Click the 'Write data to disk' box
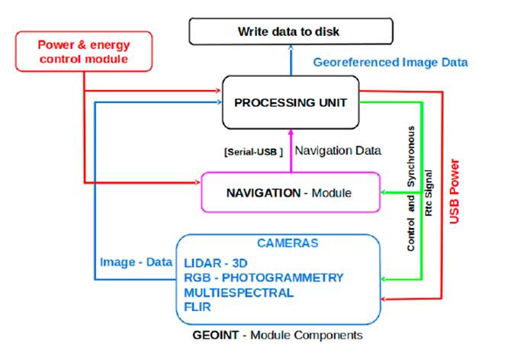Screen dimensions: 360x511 (291, 31)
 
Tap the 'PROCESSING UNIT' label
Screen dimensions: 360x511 (290, 102)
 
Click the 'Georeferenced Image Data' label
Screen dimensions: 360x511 (390, 63)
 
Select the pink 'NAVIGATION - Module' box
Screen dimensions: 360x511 (289, 193)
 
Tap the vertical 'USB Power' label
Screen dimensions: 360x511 (456, 191)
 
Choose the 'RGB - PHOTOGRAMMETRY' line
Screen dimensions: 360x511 (262, 277)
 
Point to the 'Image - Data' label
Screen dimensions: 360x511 (134, 262)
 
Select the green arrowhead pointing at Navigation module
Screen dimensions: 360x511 (384, 193)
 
